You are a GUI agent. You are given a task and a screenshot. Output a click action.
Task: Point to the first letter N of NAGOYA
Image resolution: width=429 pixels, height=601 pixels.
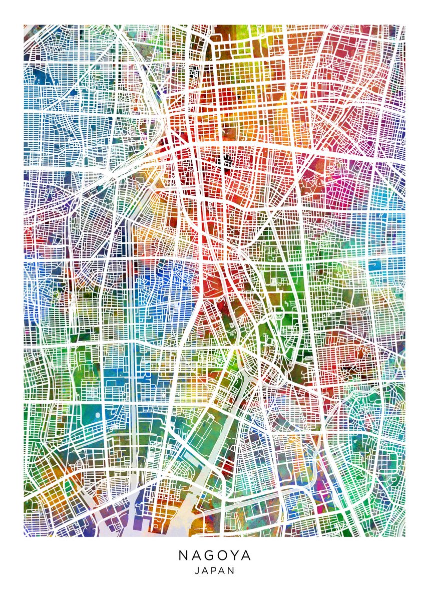pyautogui.click(x=183, y=556)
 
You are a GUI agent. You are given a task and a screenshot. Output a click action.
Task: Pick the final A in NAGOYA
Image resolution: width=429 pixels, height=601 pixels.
pyautogui.click(x=246, y=556)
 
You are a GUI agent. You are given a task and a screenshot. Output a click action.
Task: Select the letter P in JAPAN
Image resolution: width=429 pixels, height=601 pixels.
pyautogui.click(x=214, y=570)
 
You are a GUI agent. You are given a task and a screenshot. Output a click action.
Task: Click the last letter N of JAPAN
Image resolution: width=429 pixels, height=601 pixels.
pyautogui.click(x=231, y=570)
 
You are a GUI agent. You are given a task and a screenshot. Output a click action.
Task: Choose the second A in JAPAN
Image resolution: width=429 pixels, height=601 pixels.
pyautogui.click(x=222, y=570)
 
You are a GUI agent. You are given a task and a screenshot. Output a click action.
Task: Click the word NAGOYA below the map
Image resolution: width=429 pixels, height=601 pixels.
pyautogui.click(x=214, y=556)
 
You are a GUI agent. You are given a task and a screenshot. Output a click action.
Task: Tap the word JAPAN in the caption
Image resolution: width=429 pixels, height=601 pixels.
pyautogui.click(x=214, y=570)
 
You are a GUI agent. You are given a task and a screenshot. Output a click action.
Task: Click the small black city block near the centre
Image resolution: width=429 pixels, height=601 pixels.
pyautogui.click(x=228, y=159)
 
